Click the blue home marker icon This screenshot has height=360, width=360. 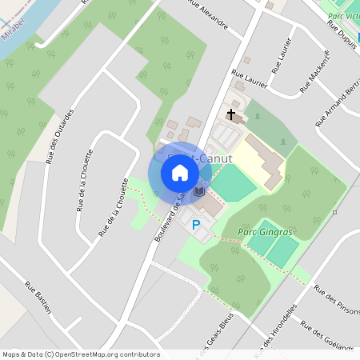[179, 172]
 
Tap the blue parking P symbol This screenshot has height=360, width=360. [195, 225]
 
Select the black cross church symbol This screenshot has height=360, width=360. [232, 115]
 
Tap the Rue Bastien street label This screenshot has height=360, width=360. [38, 297]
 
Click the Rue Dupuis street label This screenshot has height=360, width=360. [342, 34]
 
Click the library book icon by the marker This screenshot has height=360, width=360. [198, 192]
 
